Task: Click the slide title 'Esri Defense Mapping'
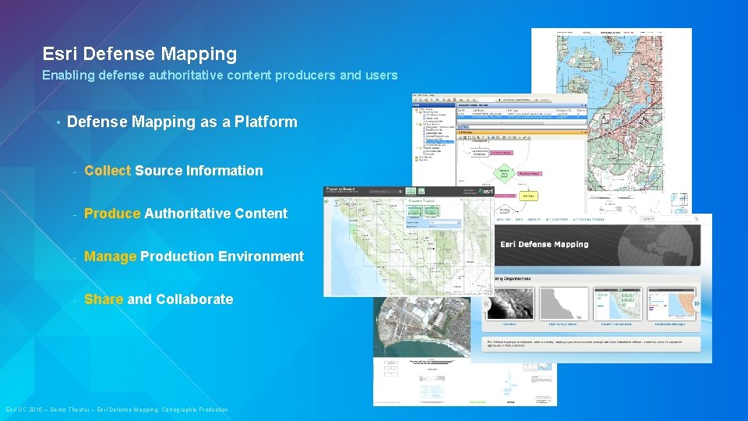click(x=139, y=55)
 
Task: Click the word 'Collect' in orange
click(x=108, y=171)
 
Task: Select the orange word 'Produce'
click(x=112, y=214)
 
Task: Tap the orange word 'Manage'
click(x=110, y=256)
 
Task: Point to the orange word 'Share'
click(x=104, y=299)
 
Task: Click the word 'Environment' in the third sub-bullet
click(x=262, y=256)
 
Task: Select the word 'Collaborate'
click(x=194, y=299)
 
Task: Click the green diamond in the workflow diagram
click(x=504, y=172)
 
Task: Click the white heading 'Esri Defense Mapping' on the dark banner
click(x=545, y=244)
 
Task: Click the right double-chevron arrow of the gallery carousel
click(x=697, y=303)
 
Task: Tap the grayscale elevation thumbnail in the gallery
click(x=509, y=302)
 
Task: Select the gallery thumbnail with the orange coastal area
click(x=675, y=302)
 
